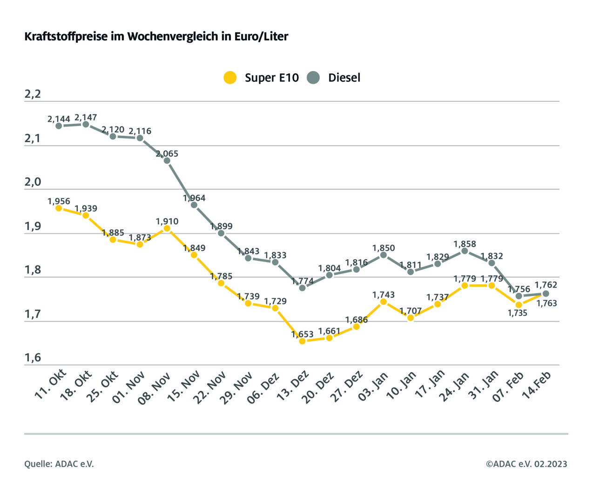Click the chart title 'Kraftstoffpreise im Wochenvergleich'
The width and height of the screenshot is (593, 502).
pos(156,36)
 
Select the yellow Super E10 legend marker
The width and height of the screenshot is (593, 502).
pos(230,78)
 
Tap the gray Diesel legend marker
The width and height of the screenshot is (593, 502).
pos(313,78)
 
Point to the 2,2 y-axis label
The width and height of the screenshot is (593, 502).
pos(33,94)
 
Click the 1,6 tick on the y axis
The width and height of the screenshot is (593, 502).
pos(33,357)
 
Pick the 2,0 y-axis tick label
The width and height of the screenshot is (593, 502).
pos(33,182)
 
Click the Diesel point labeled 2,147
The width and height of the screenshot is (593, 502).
pos(86,124)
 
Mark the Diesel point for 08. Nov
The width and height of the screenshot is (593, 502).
pos(167,160)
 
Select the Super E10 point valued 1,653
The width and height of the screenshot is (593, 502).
pos(302,341)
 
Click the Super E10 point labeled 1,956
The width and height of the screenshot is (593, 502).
pos(59,208)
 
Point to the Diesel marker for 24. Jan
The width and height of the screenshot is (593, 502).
pos(465,251)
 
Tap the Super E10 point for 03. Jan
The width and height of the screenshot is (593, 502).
pos(384,302)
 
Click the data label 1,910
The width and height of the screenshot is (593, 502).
pos(167,221)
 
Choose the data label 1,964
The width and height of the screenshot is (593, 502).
pos(194,198)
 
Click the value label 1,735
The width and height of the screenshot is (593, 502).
pos(518,313)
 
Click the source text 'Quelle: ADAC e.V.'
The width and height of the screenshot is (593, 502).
pos(59,464)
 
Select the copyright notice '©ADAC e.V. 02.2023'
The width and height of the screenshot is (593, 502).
pos(526,464)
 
